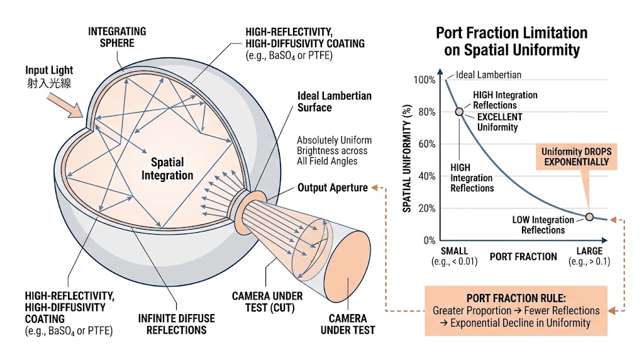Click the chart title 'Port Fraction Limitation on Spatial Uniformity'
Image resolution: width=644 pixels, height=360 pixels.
coord(511,42)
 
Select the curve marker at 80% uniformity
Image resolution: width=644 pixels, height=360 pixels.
coord(460,111)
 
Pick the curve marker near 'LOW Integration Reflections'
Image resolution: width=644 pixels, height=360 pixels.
coord(589,217)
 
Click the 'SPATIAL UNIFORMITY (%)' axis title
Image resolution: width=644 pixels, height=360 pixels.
coord(407,159)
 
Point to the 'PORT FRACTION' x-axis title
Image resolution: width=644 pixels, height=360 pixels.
coord(523,257)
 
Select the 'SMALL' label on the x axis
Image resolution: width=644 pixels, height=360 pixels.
coord(454,251)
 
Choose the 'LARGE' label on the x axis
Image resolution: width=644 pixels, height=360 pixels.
coord(589,251)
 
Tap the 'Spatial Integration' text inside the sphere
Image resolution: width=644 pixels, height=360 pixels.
coord(167,169)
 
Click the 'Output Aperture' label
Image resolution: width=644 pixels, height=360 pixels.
coord(332,188)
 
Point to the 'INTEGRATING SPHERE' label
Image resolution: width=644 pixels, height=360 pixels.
coord(117,37)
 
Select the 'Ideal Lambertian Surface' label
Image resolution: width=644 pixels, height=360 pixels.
coord(334,102)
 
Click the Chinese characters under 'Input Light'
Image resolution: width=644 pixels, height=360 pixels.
coord(48,82)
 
